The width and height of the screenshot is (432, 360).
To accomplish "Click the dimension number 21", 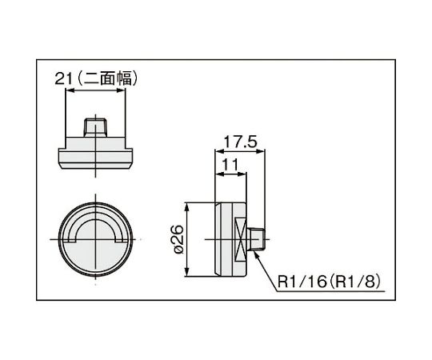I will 65,78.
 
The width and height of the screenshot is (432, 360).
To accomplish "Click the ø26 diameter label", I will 178,238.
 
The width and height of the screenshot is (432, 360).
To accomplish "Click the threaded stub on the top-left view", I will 96,128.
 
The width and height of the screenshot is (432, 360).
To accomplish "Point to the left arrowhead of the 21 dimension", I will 67,90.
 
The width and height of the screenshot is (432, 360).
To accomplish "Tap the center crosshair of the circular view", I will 96,239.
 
